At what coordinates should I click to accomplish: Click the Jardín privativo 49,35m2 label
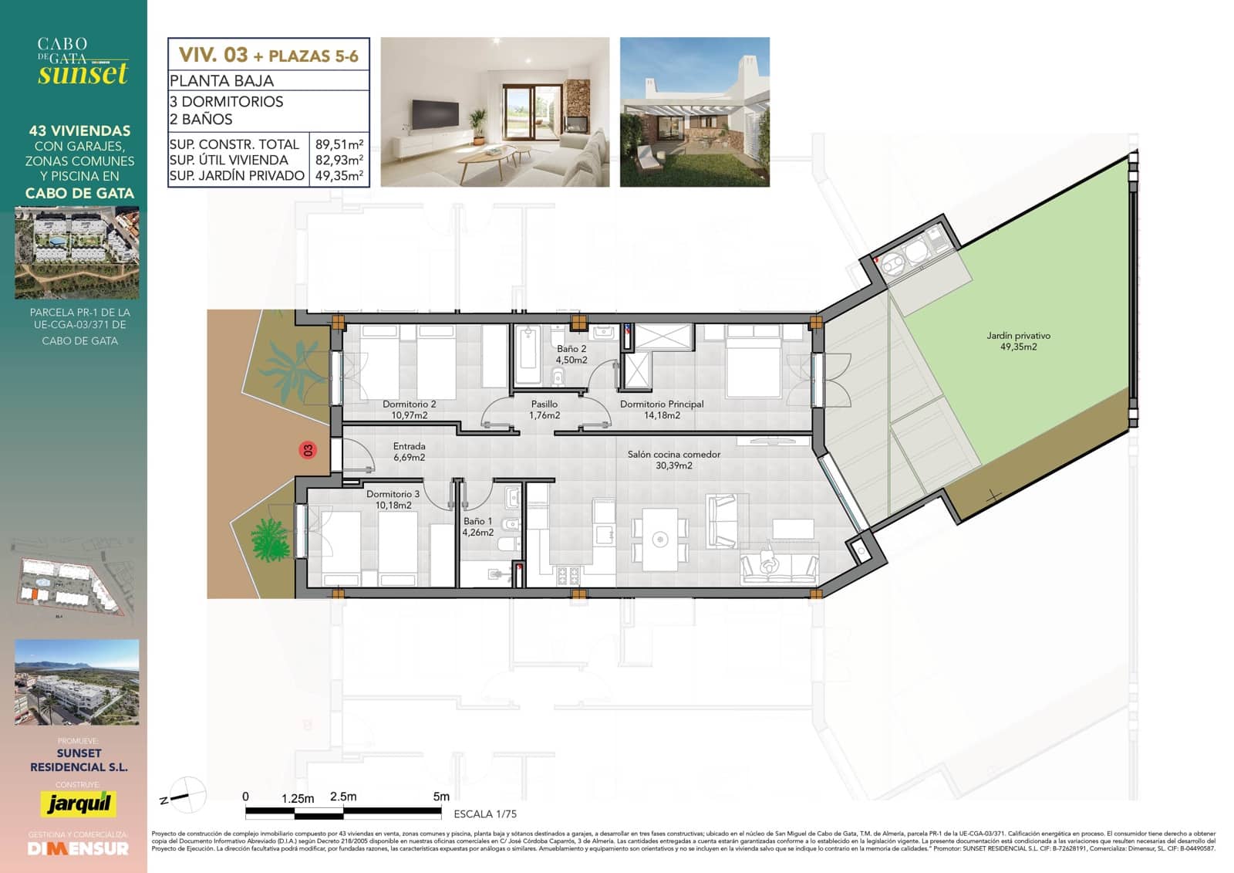(1018, 341)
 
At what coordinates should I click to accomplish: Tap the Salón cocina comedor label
(673, 460)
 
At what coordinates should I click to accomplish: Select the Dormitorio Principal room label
(662, 409)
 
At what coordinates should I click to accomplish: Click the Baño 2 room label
(571, 354)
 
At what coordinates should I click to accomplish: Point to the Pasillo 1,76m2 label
(544, 409)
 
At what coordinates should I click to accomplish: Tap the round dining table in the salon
(659, 539)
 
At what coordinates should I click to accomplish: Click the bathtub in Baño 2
(528, 354)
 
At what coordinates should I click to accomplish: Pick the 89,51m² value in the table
(339, 144)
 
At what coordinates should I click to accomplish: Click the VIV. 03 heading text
(213, 55)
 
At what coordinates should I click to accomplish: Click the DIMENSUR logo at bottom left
(78, 848)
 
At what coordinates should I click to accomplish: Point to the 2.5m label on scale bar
(343, 797)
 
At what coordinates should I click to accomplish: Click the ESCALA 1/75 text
(485, 814)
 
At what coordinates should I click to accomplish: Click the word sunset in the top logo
(83, 74)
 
